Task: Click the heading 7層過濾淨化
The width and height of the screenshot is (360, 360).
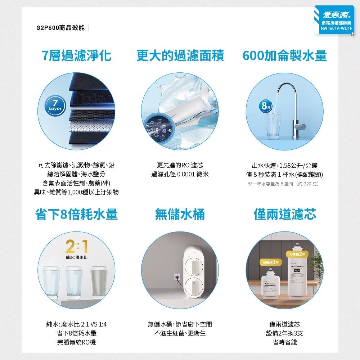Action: click(x=77, y=56)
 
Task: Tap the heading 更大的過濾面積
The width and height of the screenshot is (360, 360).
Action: click(x=180, y=56)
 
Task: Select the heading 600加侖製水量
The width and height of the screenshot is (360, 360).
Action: click(x=285, y=56)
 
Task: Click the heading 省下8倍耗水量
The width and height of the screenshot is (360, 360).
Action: click(x=77, y=214)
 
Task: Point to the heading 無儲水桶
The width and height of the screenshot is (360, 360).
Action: click(x=180, y=214)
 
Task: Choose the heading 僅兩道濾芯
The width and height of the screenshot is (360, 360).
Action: click(x=285, y=214)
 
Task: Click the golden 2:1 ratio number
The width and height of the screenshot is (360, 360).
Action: click(x=77, y=247)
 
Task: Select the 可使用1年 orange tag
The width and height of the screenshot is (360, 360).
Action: click(x=270, y=262)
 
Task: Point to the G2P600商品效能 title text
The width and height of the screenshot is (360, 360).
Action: click(x=61, y=28)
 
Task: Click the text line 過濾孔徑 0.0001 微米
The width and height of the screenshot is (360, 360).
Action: click(x=180, y=175)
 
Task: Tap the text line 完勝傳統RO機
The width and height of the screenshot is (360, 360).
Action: click(x=77, y=342)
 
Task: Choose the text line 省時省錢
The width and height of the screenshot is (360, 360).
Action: click(x=285, y=342)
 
